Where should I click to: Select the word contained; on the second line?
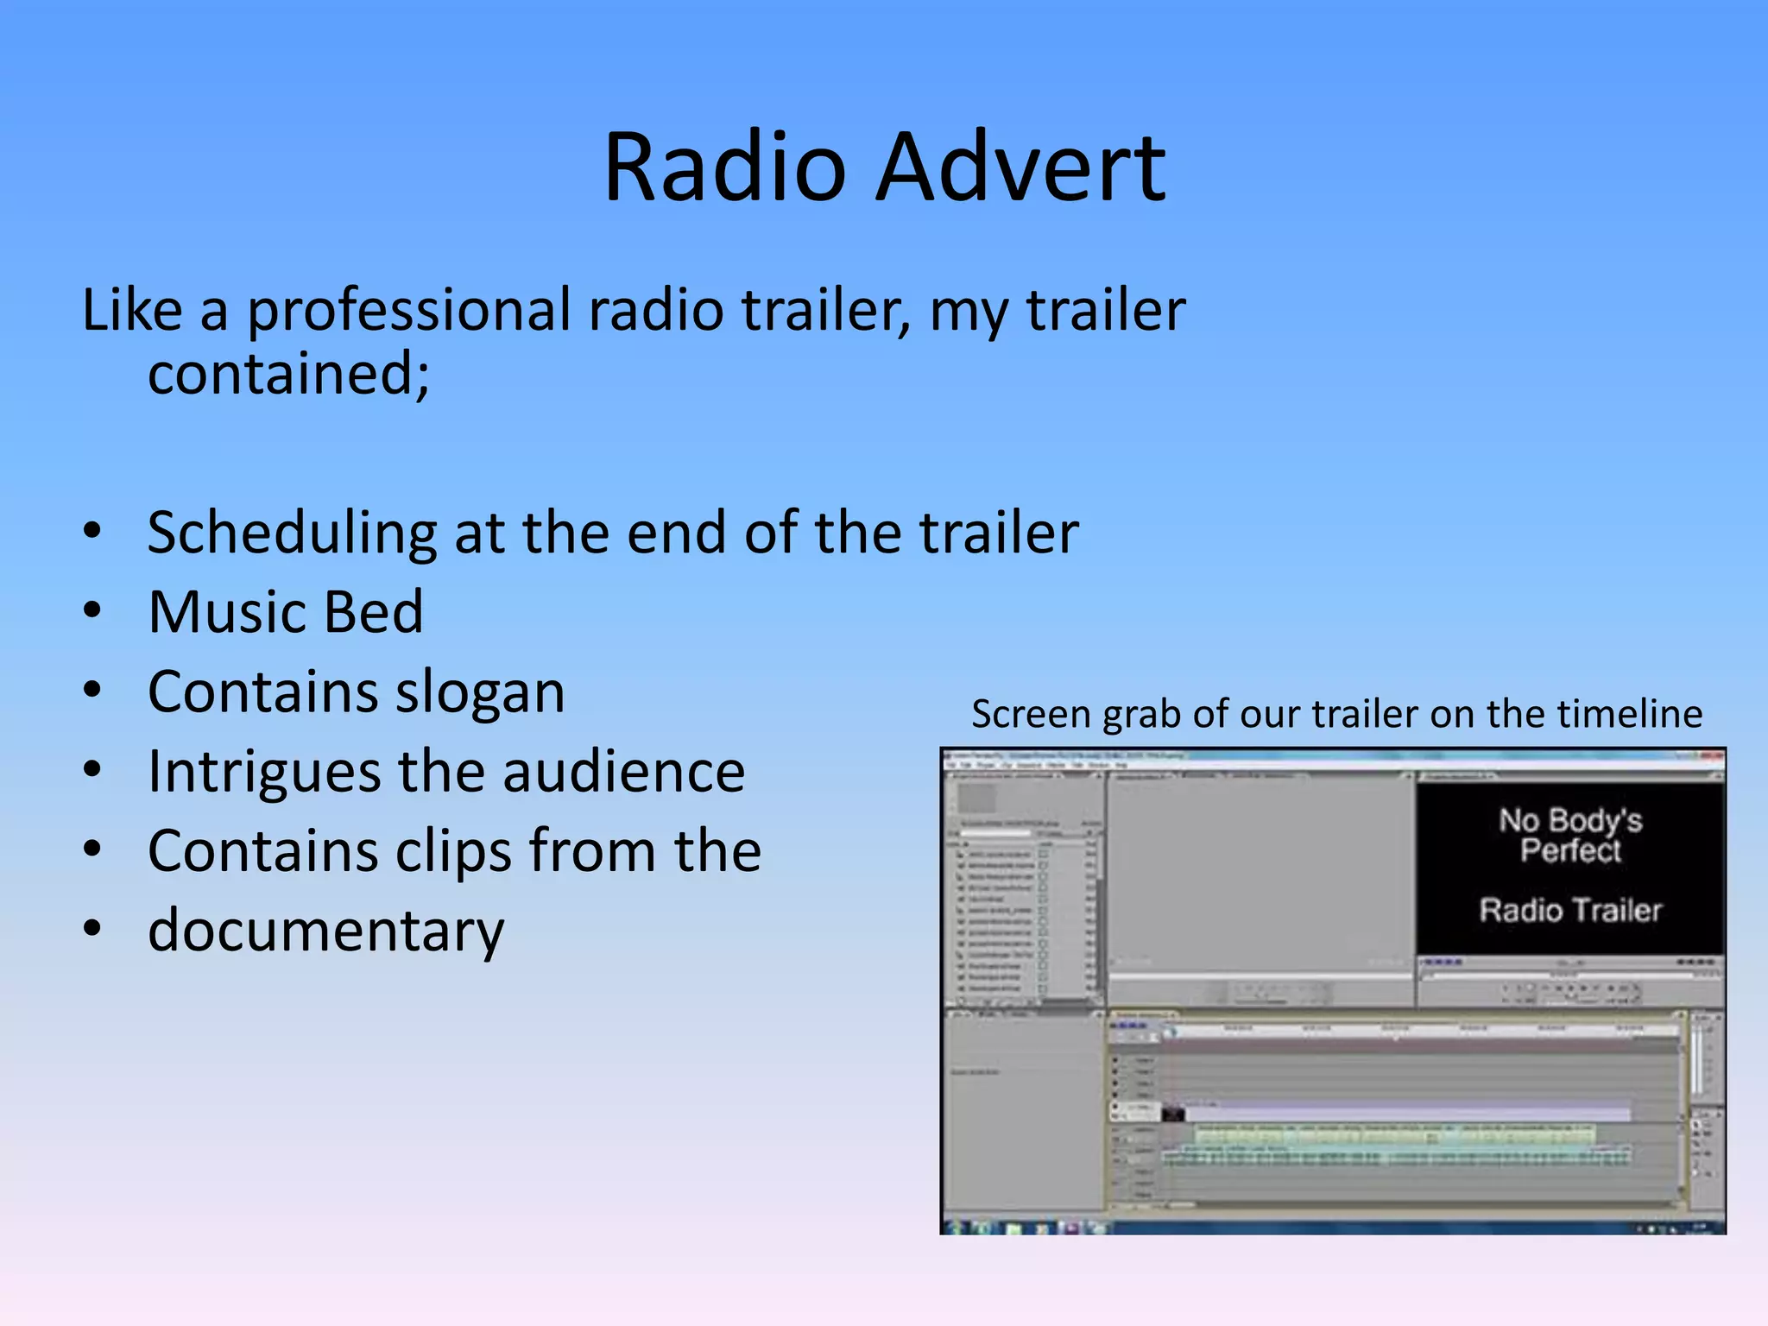pos(288,374)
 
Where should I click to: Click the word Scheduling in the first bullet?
pos(292,533)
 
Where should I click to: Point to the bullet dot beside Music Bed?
pos(92,611)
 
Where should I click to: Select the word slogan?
pos(480,691)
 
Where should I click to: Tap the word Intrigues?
pos(262,771)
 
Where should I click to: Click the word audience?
pos(623,771)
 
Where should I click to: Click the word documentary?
pos(325,931)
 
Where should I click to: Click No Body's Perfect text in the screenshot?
pos(1570,834)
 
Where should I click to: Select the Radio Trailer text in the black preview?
pos(1570,910)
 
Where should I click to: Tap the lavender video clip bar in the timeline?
pos(1407,1113)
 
